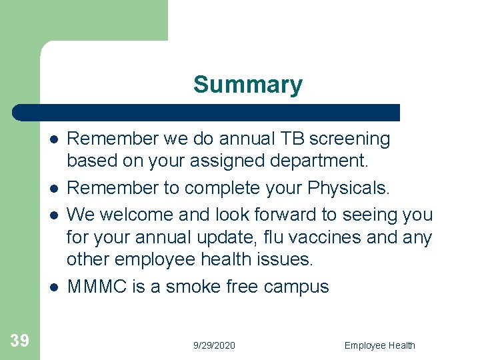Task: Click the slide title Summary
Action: tap(247, 85)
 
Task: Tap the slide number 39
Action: tap(19, 341)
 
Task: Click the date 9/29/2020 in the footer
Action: tap(214, 345)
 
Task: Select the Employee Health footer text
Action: tap(379, 345)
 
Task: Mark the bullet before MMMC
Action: tap(52, 287)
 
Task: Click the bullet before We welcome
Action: tap(52, 214)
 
